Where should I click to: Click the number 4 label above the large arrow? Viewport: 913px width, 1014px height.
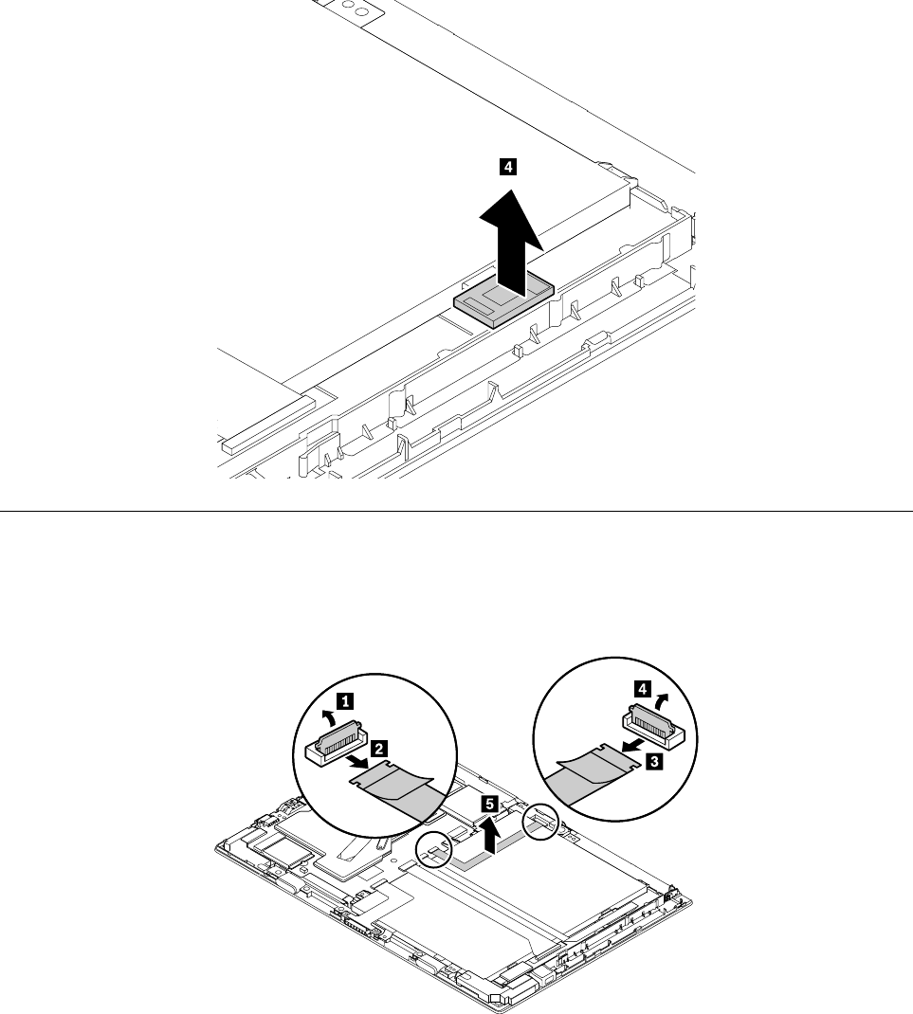(x=509, y=168)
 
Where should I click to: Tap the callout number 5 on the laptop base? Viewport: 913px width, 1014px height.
(x=488, y=804)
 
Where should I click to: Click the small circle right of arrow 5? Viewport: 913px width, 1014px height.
(x=542, y=824)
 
